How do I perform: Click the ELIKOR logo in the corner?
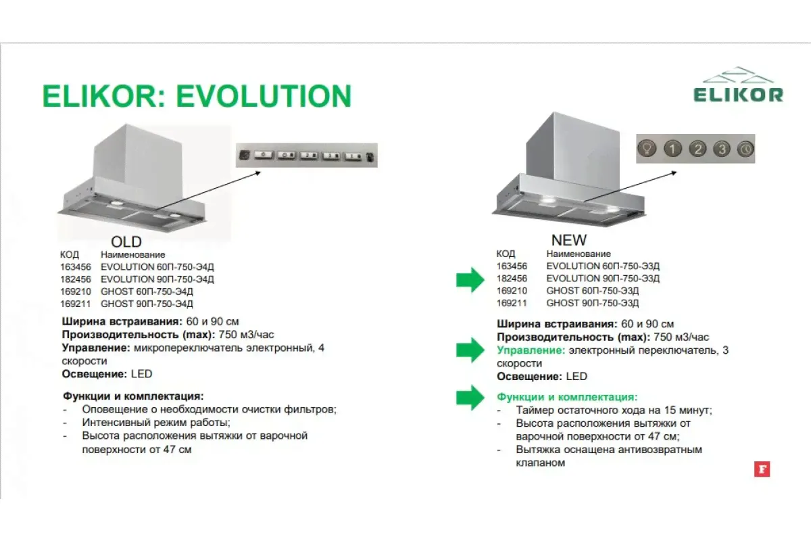point(737,85)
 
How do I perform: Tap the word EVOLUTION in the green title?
point(264,96)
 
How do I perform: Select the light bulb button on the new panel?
point(647,148)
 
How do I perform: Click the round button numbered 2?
point(697,149)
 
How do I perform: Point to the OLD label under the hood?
point(126,241)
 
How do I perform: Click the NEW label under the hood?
point(569,240)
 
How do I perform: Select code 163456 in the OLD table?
point(76,267)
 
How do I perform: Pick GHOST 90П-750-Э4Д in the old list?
point(147,304)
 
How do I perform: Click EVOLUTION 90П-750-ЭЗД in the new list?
point(603,279)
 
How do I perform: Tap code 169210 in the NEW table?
point(512,291)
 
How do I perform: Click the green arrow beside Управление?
point(470,350)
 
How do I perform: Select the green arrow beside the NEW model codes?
point(470,280)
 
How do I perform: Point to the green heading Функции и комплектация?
point(567,397)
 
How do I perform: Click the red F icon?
point(762,469)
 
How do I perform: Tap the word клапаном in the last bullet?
point(541,463)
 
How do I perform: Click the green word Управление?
point(531,350)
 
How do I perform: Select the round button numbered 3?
point(722,149)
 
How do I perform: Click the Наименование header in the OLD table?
point(133,254)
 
